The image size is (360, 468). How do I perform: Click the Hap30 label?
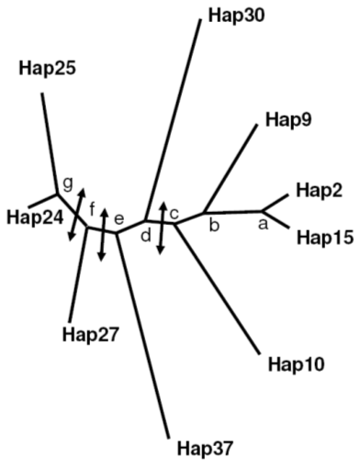[x=236, y=17]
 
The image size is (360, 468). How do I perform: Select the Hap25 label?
[x=47, y=68]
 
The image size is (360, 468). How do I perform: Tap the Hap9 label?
[x=288, y=120]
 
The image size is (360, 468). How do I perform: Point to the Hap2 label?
[x=319, y=190]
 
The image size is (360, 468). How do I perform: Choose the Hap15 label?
[x=325, y=238]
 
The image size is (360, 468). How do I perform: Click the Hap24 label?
[x=35, y=218]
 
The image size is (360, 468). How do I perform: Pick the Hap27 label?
[x=90, y=335]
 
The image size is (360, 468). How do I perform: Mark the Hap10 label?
[x=296, y=364]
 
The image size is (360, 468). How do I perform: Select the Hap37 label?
[x=205, y=449]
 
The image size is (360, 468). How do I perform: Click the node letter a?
[x=263, y=224]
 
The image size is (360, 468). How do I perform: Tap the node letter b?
[x=214, y=225]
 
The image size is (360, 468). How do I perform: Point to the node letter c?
[x=174, y=214]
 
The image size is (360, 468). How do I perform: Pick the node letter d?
[x=146, y=236]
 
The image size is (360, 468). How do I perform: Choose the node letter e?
[x=118, y=219]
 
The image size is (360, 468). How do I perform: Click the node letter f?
[x=93, y=209]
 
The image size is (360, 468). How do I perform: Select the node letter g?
[x=68, y=184]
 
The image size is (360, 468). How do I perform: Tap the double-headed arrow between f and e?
[x=103, y=235]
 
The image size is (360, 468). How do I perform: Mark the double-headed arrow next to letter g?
[x=76, y=214]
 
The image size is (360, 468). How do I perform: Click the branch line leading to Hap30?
[x=174, y=119]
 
